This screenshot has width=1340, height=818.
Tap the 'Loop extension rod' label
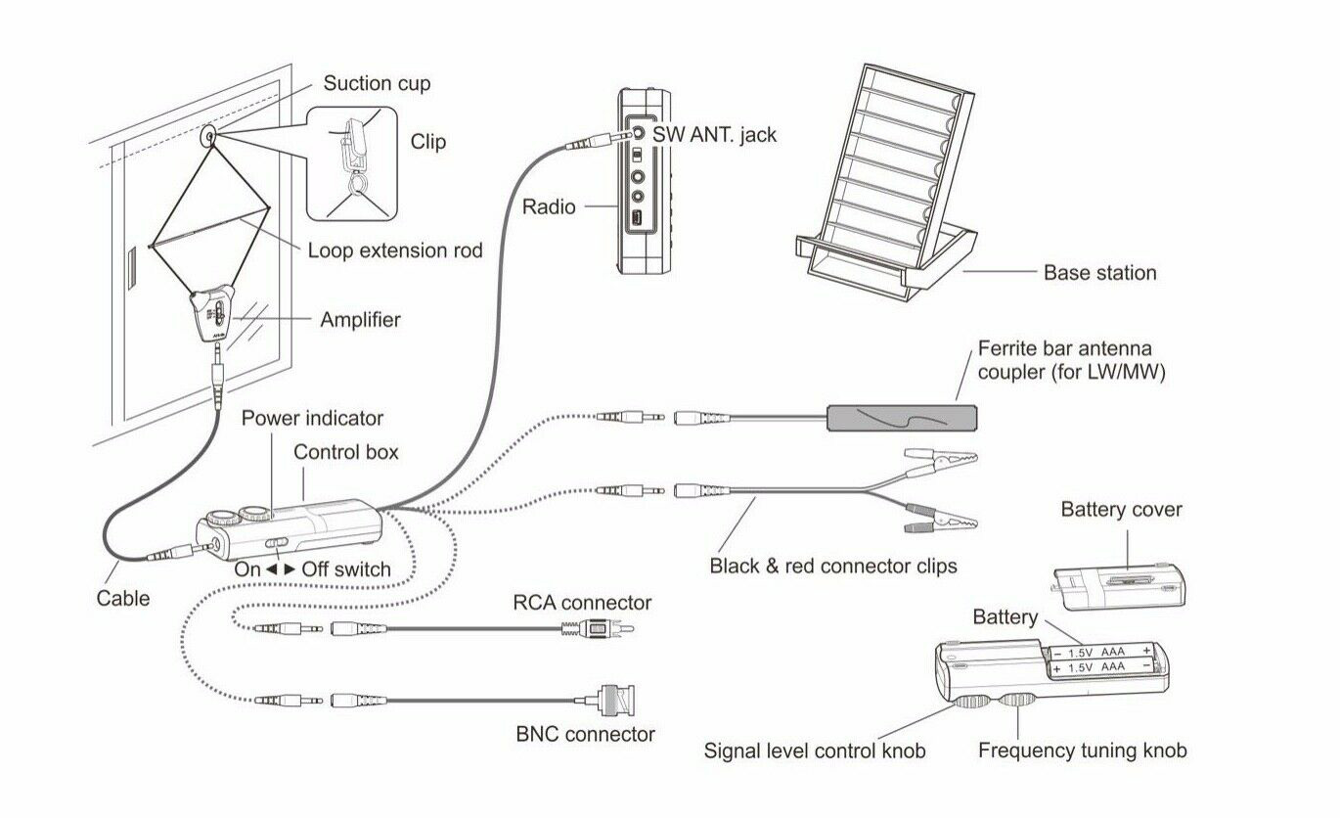tap(395, 250)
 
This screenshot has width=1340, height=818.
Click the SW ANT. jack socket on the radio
tap(638, 133)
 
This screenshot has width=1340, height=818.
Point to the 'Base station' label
tap(1099, 273)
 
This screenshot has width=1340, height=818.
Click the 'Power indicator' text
tap(312, 419)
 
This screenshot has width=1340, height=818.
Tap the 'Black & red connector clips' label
tap(832, 567)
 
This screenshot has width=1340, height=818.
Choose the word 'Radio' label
tap(549, 206)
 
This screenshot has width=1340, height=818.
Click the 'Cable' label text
tap(123, 598)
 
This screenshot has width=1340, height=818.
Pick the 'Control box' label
tap(346, 453)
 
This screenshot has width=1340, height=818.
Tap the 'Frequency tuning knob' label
tap(1082, 750)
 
